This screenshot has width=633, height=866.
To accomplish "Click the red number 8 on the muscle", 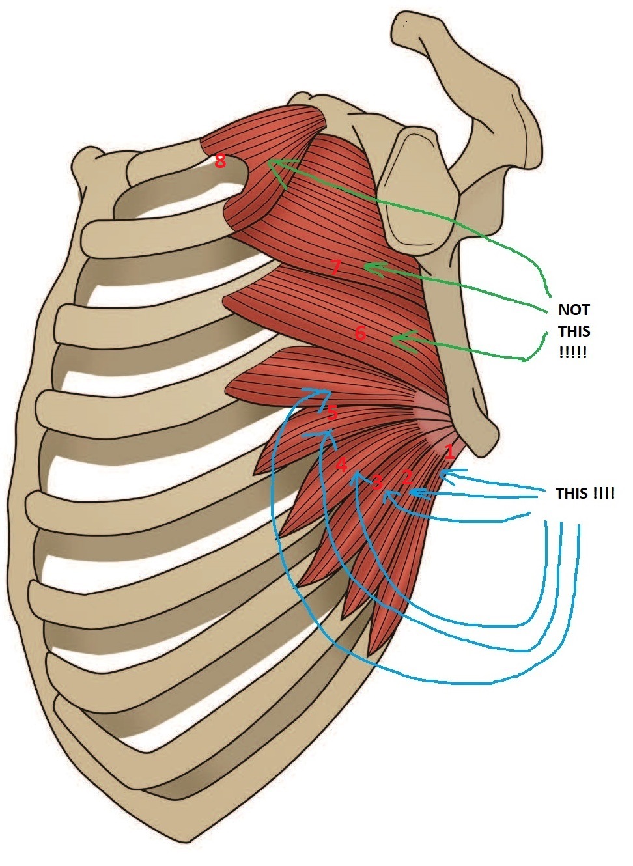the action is [220, 161].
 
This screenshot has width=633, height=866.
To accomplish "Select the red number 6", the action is [360, 333].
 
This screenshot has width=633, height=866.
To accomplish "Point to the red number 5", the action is [332, 413].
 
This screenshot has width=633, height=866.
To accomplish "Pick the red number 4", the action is [341, 465].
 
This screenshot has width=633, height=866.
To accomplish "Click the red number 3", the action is [378, 482].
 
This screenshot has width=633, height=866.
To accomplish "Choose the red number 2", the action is [407, 477].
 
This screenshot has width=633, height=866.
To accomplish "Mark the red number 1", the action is [449, 452].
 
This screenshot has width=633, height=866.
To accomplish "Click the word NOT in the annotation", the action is [574, 310].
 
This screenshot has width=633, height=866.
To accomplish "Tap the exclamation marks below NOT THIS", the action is [572, 353].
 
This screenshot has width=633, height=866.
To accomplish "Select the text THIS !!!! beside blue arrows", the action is [585, 494].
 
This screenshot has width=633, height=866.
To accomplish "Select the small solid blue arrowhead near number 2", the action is [417, 492].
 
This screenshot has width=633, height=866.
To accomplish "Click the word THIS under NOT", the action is [574, 331].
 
